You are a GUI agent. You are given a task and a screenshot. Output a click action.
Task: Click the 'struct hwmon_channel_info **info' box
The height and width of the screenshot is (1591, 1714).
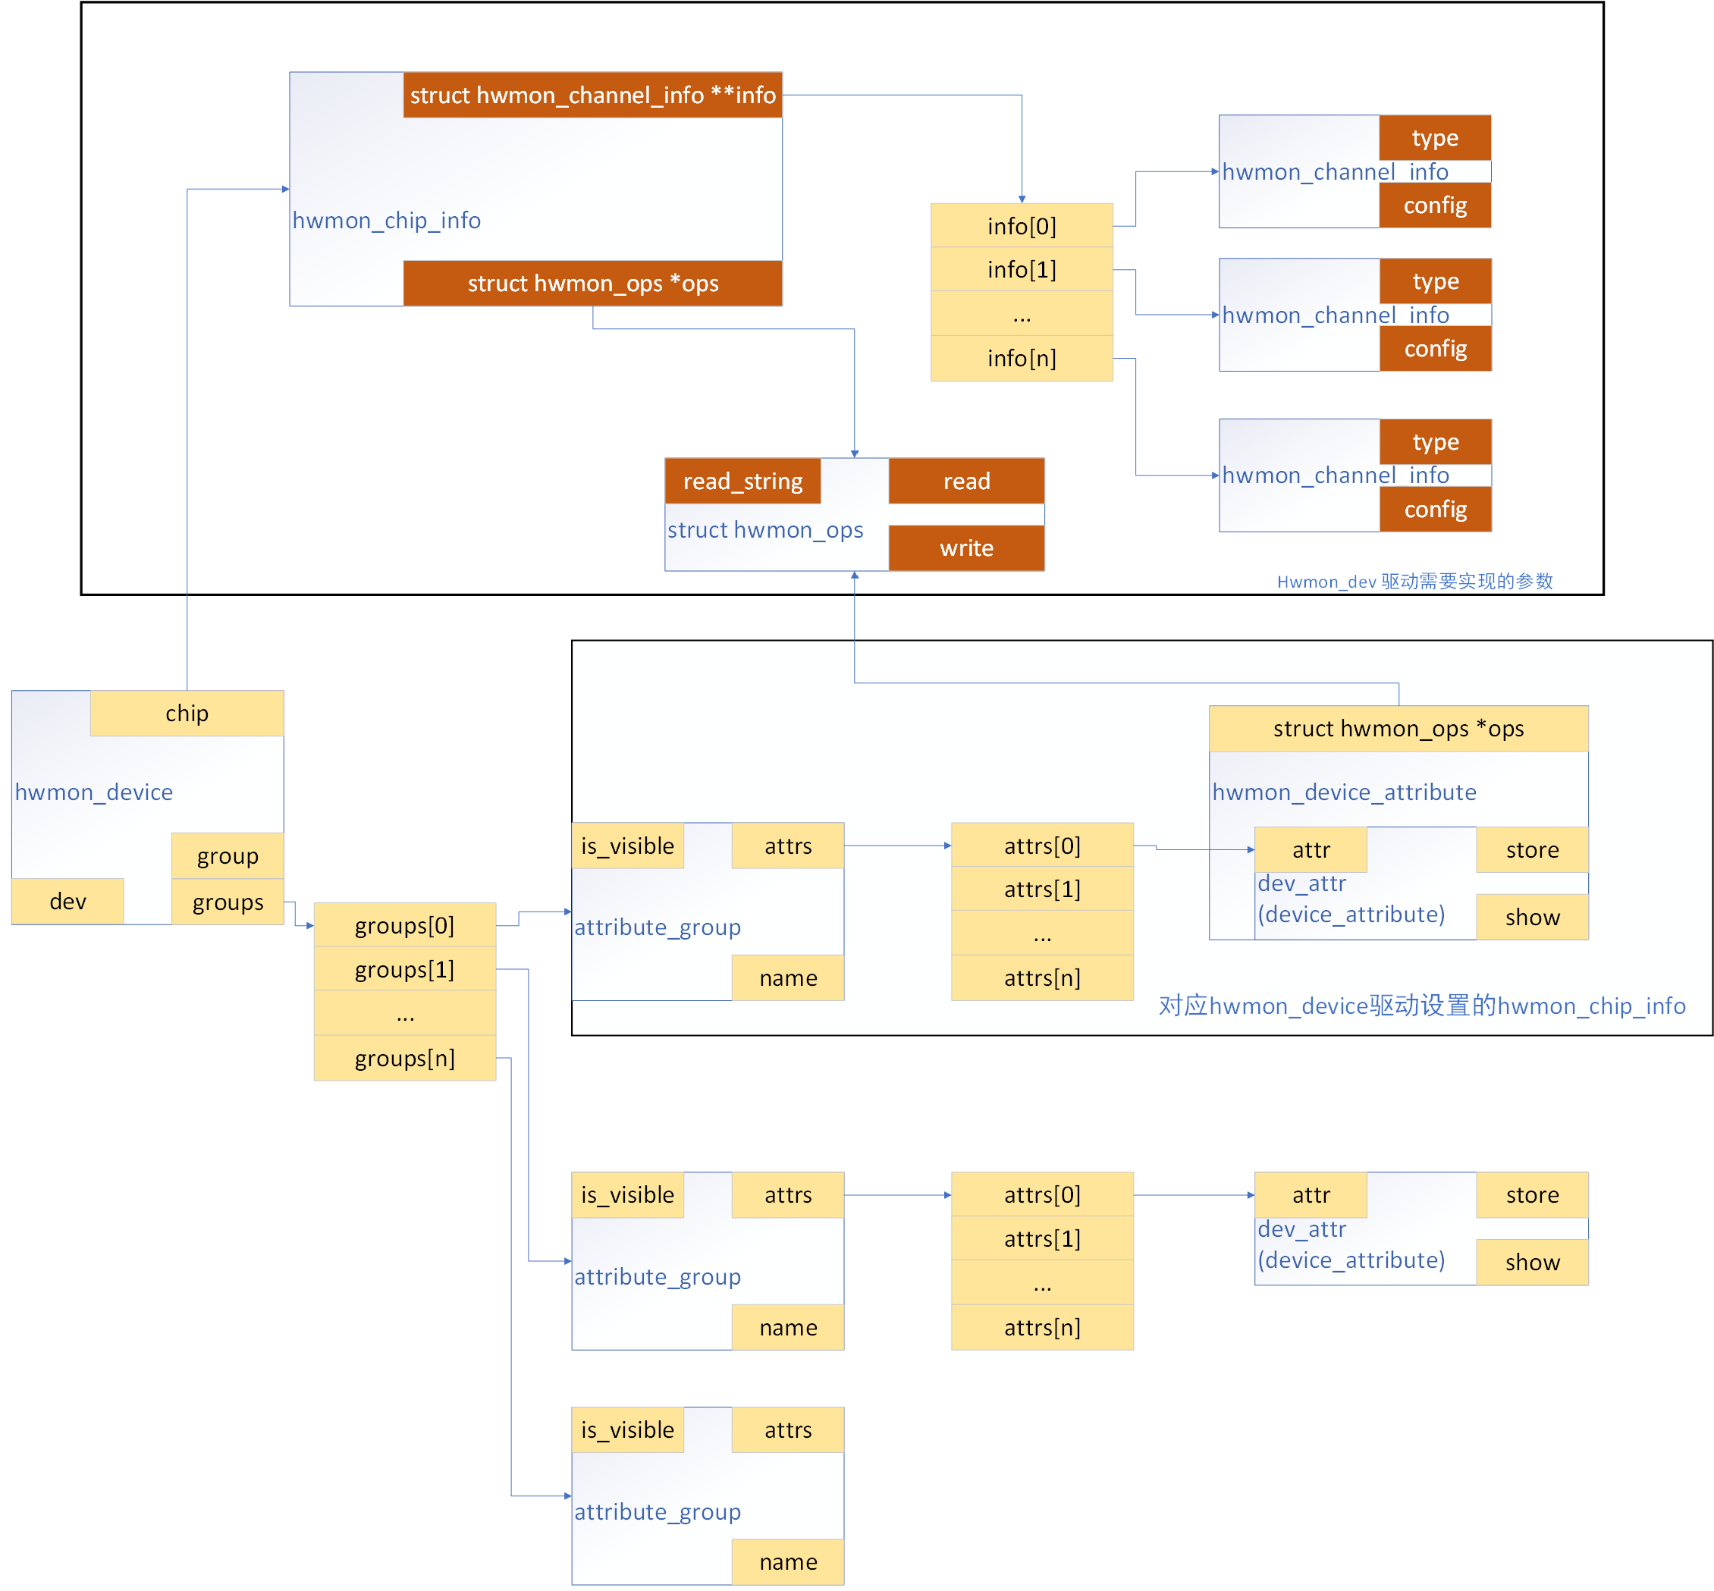pyautogui.click(x=592, y=95)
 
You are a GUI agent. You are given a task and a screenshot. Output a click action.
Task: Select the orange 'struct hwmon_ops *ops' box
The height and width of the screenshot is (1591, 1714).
pyautogui.click(x=592, y=284)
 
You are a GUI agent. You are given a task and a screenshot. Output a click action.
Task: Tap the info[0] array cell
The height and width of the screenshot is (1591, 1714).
pyautogui.click(x=1021, y=225)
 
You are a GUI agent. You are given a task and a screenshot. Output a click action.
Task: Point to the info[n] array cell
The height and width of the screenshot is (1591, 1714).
pyautogui.click(x=1021, y=358)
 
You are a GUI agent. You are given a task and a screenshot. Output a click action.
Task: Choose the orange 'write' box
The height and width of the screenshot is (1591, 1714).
pyautogui.click(x=966, y=548)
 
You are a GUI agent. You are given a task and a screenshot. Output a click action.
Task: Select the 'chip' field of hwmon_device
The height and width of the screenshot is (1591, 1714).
pyautogui.click(x=187, y=713)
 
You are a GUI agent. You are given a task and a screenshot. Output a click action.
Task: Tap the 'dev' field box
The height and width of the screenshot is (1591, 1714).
pyautogui.click(x=67, y=902)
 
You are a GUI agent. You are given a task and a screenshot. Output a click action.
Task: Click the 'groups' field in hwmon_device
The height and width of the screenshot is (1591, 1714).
pyautogui.click(x=228, y=902)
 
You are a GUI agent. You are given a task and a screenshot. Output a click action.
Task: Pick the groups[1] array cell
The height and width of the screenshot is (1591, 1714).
pyautogui.click(x=405, y=969)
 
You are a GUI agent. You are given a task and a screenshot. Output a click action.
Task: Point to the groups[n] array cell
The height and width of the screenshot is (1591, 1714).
pyautogui.click(x=405, y=1058)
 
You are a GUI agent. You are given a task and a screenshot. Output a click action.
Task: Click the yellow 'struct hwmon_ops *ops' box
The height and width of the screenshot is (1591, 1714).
pyautogui.click(x=1398, y=728)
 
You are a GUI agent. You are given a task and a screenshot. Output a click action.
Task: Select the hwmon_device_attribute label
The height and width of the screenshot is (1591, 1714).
pyautogui.click(x=1344, y=792)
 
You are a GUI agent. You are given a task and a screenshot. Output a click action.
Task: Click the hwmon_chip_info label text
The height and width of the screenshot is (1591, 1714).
pyautogui.click(x=386, y=221)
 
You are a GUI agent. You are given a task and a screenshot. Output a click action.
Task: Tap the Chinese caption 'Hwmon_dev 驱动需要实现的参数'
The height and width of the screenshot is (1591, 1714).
pyautogui.click(x=1414, y=581)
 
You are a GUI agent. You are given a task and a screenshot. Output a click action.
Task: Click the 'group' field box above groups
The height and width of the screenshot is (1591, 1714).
pyautogui.click(x=228, y=855)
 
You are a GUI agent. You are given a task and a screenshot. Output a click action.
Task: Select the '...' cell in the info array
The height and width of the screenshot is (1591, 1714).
pyautogui.click(x=1021, y=314)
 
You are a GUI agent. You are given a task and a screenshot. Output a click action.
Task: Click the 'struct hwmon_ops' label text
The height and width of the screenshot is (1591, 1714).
pyautogui.click(x=764, y=529)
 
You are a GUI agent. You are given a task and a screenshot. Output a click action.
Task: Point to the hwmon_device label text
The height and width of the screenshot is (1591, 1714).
pyautogui.click(x=94, y=792)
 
